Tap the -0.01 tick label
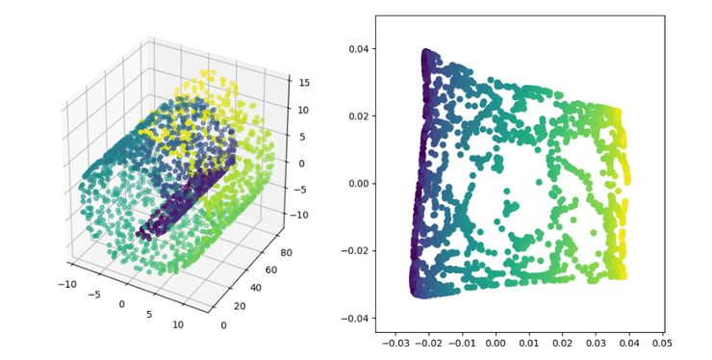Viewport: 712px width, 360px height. [462, 342]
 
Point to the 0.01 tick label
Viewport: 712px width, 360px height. [529, 342]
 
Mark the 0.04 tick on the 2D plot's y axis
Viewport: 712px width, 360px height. [356, 49]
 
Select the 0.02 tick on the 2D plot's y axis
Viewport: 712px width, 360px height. [356, 116]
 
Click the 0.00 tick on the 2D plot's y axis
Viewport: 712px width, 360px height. [356, 183]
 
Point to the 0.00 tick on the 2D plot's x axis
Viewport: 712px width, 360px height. [496, 342]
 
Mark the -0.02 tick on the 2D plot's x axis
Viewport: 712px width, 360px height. [428, 342]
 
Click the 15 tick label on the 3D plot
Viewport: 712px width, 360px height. [304, 83]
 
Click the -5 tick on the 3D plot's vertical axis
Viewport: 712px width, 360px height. [304, 189]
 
